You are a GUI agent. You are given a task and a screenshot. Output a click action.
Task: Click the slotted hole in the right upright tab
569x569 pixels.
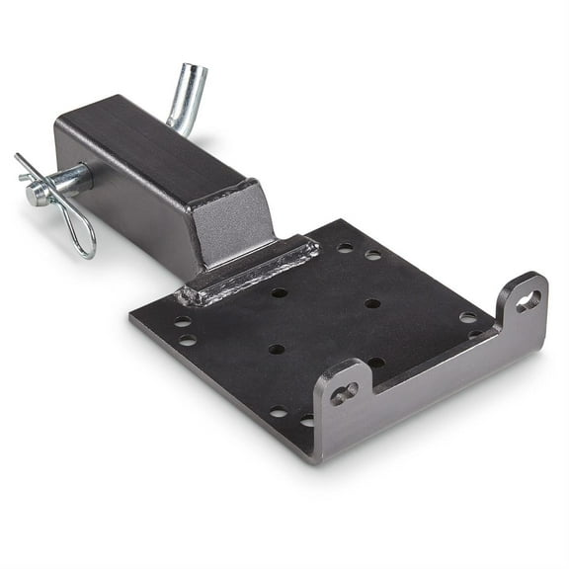(528, 300)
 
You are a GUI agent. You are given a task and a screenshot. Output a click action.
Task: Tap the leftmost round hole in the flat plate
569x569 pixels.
(181, 321)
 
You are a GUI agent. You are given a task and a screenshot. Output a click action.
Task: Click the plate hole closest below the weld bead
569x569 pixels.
(279, 293)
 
